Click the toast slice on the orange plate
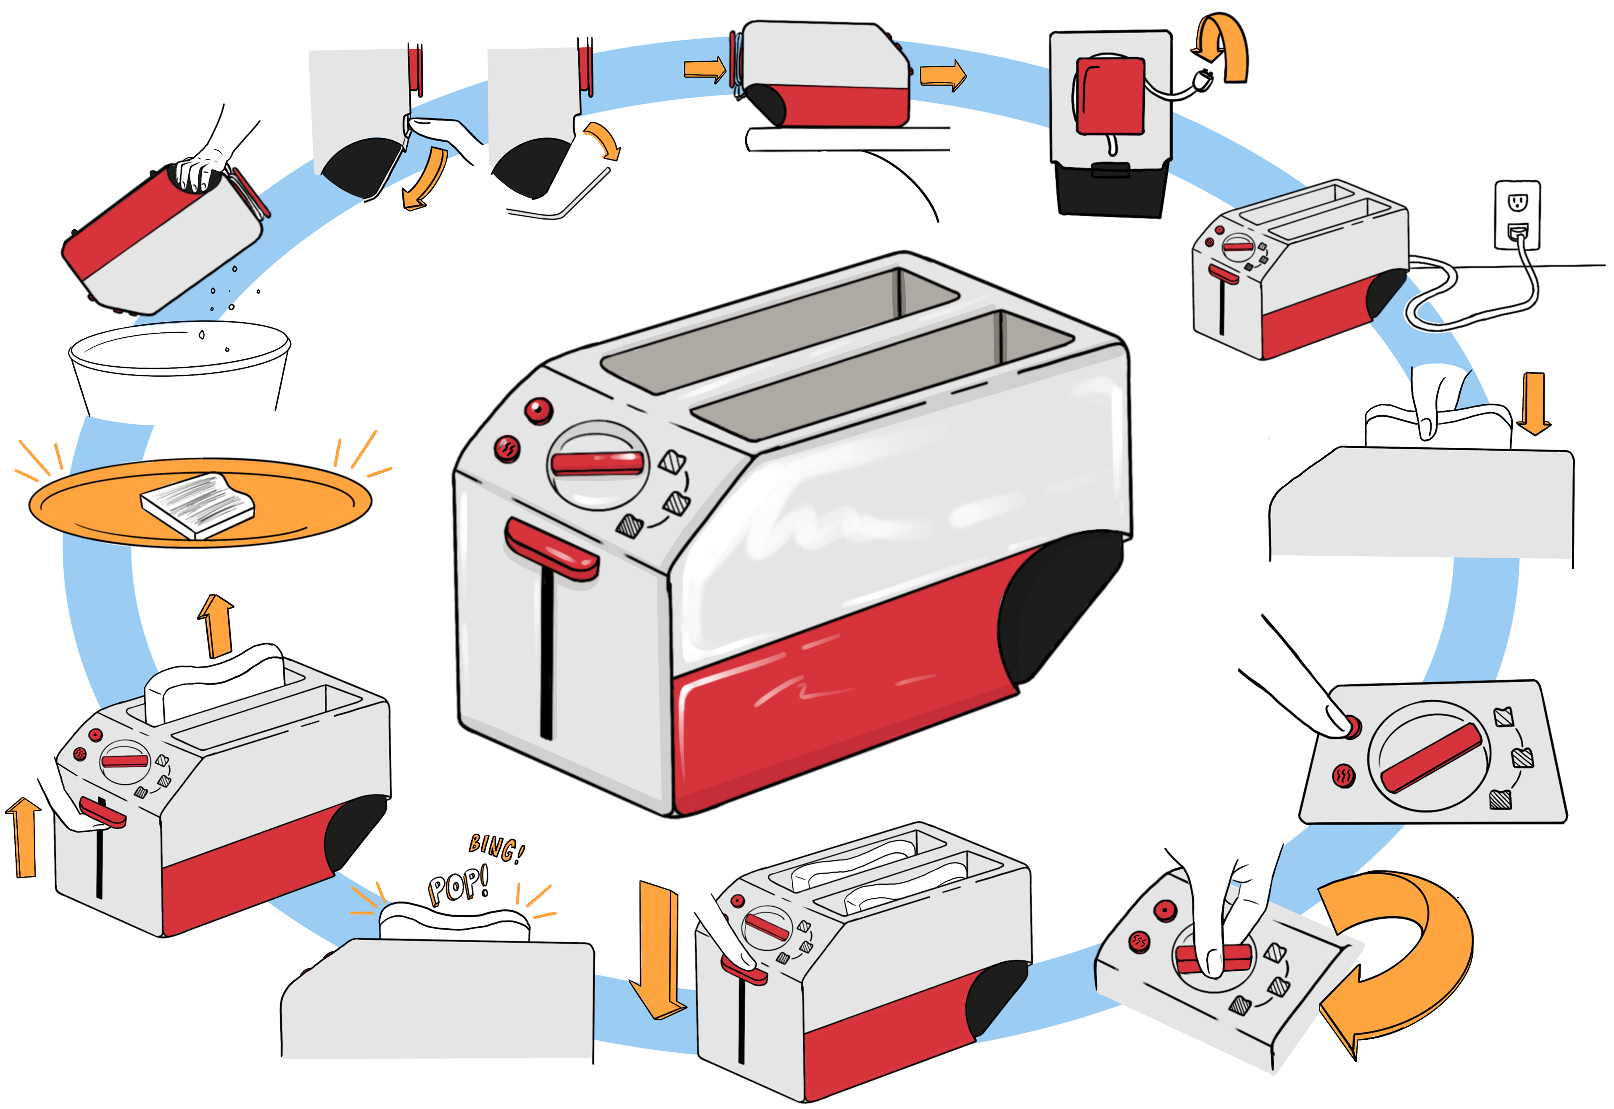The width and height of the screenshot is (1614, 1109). click(198, 505)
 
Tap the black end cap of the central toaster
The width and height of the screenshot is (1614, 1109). click(1057, 604)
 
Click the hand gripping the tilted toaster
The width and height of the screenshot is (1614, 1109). click(202, 170)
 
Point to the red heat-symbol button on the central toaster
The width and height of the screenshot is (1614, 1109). click(507, 448)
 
